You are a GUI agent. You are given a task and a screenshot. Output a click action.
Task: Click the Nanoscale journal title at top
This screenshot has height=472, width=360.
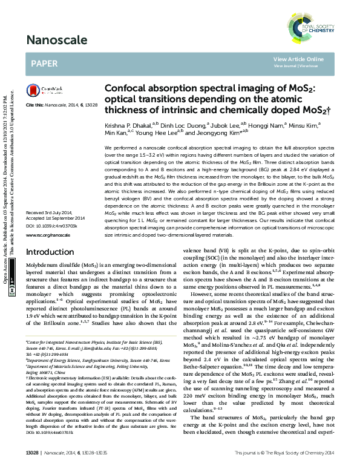(53, 41)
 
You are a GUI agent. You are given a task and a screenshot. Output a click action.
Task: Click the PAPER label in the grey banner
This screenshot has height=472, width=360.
(44, 63)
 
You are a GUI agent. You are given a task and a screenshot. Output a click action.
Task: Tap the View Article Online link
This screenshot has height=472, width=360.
(298, 59)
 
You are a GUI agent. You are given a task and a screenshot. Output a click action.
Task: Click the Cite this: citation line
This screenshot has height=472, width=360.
(62, 105)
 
